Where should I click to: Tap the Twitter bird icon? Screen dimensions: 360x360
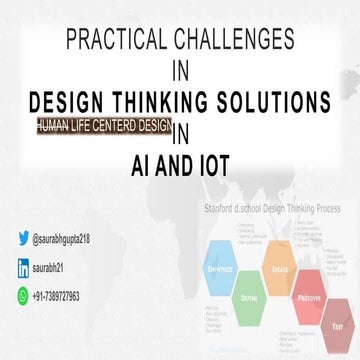point(23,240)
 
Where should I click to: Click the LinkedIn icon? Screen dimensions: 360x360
point(23,268)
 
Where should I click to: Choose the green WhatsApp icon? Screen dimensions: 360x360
point(23,296)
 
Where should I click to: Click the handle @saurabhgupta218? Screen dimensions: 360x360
point(69,241)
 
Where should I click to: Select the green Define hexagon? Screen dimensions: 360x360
point(245,290)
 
